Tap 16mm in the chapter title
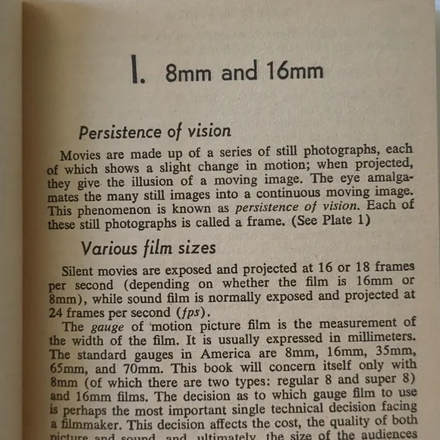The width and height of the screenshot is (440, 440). tap(290, 71)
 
